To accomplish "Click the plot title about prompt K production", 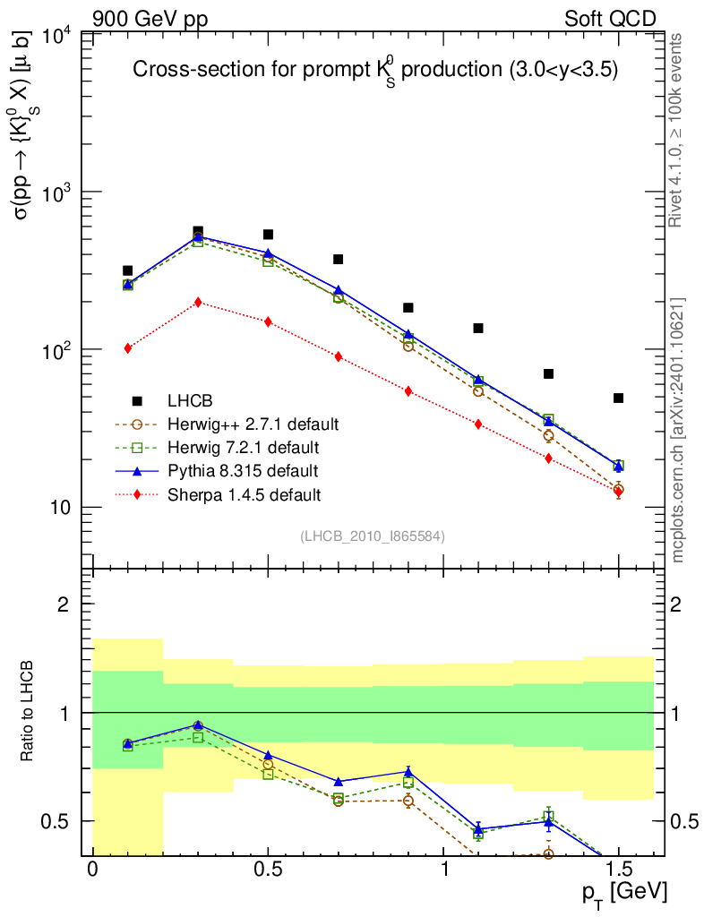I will (375, 71).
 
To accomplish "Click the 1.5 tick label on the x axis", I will (618, 870).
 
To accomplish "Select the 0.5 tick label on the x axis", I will (268, 870).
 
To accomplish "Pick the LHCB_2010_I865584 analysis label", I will (372, 536).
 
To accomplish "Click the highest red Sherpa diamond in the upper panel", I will (198, 302).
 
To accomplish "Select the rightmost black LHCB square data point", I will (618, 398).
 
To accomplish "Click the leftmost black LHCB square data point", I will (128, 270).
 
